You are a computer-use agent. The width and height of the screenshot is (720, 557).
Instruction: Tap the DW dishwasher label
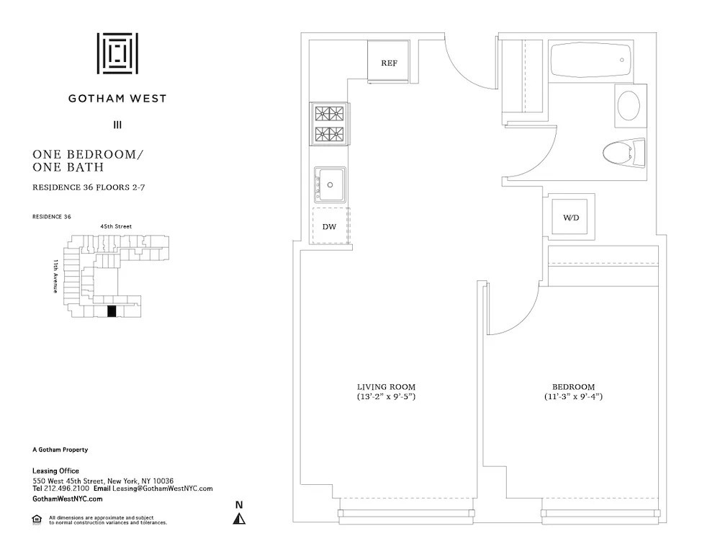click(x=329, y=227)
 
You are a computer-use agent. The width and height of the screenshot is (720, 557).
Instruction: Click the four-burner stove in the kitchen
click(x=330, y=124)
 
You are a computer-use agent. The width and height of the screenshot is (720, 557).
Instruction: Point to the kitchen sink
click(x=330, y=184)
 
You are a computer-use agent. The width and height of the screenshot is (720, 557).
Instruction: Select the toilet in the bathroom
click(x=622, y=152)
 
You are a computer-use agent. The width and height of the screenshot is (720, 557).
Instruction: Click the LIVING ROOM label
click(x=387, y=387)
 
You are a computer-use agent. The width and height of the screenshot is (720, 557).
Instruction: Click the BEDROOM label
click(x=572, y=387)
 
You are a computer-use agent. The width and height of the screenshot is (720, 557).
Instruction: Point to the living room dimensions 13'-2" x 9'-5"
click(x=387, y=398)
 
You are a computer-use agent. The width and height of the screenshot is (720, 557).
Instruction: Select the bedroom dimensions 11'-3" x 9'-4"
click(x=572, y=398)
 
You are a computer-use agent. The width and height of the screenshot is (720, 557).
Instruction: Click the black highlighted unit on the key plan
click(x=111, y=311)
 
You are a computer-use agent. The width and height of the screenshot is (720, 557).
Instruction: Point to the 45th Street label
click(x=116, y=226)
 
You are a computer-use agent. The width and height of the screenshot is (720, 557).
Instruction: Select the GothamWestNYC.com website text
click(x=68, y=499)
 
